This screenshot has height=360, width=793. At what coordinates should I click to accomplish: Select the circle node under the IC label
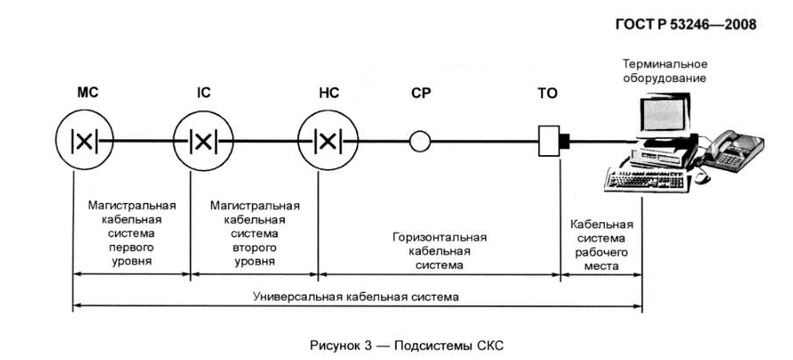coord(202,140)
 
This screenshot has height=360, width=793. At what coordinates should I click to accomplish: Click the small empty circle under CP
coord(421,140)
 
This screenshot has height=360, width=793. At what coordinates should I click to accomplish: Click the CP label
coord(421,93)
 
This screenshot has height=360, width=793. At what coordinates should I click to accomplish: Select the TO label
coord(547,93)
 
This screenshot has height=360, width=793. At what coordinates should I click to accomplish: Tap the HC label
coord(330,93)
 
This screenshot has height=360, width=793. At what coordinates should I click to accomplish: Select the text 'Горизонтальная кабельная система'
coord(439,250)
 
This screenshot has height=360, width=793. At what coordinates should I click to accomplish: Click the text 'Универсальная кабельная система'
coord(355,296)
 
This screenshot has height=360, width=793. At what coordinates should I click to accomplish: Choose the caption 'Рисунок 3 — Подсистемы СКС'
coord(406,344)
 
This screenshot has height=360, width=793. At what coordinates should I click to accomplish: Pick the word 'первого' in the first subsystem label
coord(132,247)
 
